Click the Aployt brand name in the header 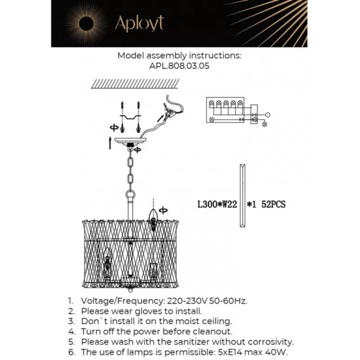point(139,23)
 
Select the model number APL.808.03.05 point(180,65)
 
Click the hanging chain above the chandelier point(131,169)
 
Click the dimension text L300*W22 point(217,204)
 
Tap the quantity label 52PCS point(273,204)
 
